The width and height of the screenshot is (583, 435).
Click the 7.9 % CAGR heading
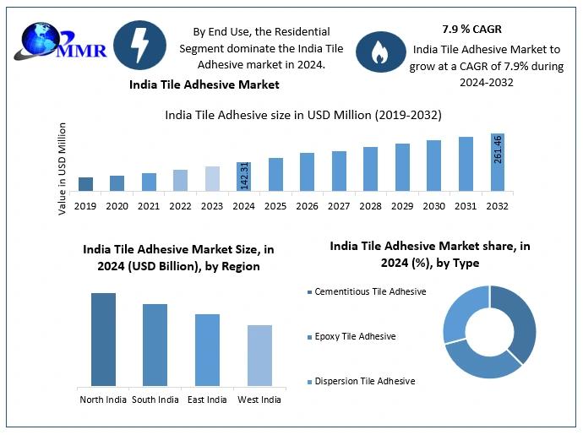(471, 30)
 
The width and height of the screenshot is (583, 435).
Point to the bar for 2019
(85, 183)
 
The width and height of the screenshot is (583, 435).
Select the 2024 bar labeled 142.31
(243, 173)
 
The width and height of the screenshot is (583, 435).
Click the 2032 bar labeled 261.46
(497, 161)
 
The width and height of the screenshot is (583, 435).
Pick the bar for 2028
(370, 168)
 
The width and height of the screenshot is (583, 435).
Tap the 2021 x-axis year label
(149, 205)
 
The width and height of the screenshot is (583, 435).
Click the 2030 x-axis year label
(434, 205)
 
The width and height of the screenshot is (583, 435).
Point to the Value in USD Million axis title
(63, 168)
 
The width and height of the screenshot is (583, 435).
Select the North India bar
(103, 340)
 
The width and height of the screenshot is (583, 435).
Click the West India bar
(259, 356)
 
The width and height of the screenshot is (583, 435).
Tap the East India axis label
(207, 400)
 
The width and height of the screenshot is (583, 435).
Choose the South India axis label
(155, 400)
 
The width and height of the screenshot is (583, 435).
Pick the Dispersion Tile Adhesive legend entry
(365, 381)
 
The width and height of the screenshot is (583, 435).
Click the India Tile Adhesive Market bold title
(204, 84)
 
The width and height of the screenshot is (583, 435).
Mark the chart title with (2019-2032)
(302, 114)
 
